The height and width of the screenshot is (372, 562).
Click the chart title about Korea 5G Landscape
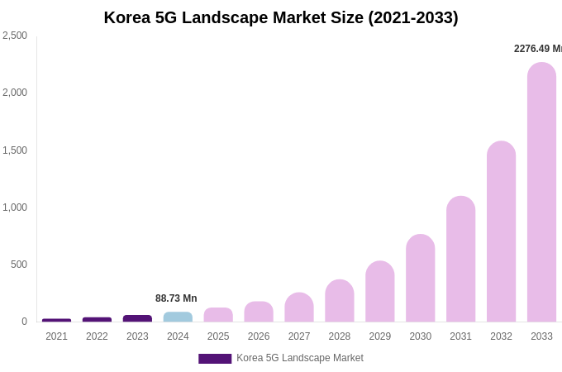click(x=281, y=17)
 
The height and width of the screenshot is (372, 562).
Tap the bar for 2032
click(x=501, y=231)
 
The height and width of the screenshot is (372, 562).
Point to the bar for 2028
click(x=339, y=301)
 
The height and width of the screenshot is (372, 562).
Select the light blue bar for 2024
click(x=178, y=317)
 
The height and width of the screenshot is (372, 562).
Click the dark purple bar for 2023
click(x=137, y=318)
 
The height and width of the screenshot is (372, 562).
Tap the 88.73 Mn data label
click(x=176, y=298)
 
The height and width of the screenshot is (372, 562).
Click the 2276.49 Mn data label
click(x=537, y=49)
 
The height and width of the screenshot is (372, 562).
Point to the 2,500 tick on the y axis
click(x=15, y=36)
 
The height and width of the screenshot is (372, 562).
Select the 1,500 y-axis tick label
click(x=15, y=150)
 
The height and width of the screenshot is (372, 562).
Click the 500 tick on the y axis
click(x=18, y=265)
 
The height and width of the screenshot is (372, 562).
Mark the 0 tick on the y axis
click(x=24, y=322)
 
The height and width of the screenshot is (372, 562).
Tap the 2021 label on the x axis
click(x=56, y=336)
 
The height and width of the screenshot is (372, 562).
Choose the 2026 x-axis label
click(x=259, y=336)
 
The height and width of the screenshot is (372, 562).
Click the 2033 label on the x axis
click(x=541, y=336)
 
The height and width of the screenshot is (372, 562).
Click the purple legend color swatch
click(x=215, y=359)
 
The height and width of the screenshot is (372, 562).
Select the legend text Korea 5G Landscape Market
click(x=300, y=358)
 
